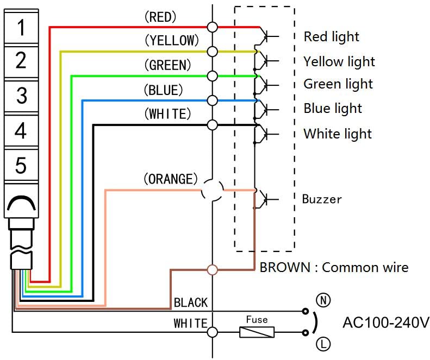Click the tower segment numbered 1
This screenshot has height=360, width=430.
pyautogui.click(x=21, y=27)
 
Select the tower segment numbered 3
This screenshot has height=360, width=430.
pyautogui.click(x=21, y=96)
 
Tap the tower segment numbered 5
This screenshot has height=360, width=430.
pyautogui.click(x=21, y=165)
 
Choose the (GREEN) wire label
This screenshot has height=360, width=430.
pyautogui.click(x=167, y=65)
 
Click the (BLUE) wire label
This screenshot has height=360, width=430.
pyautogui.click(x=163, y=90)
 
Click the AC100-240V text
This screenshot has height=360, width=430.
pyautogui.click(x=385, y=323)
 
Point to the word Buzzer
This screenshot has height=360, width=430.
pyautogui.click(x=322, y=199)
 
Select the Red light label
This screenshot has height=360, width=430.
pyautogui.click(x=331, y=37)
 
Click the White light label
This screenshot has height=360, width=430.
pyautogui.click(x=337, y=134)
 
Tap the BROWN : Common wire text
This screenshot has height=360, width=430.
pyautogui.click(x=334, y=267)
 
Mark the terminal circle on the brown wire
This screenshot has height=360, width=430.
pyautogui.click(x=212, y=269)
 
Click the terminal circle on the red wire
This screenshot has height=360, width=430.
pyautogui.click(x=212, y=27)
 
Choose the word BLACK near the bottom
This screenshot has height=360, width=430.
pyautogui.click(x=190, y=302)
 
